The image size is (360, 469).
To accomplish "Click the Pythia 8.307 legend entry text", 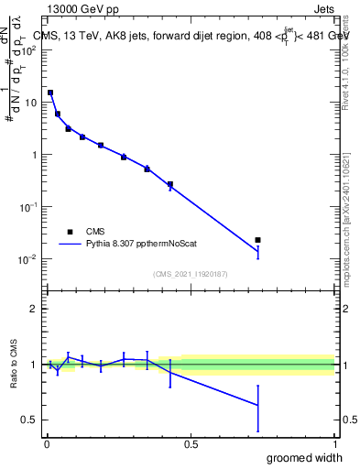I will [138, 245].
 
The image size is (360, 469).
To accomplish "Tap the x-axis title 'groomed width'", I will [306, 457].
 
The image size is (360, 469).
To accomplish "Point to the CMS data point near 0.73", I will [257, 240].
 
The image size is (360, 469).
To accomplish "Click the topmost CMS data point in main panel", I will [50, 93].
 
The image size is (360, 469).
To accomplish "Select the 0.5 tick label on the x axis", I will [191, 444].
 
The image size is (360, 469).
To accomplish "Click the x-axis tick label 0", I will [47, 444].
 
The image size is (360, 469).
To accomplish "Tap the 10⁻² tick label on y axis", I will [29, 259].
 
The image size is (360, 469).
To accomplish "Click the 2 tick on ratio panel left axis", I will [35, 309].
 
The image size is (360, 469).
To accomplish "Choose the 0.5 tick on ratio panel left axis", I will [30, 420].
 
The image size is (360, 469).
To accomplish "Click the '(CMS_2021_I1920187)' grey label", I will [191, 274].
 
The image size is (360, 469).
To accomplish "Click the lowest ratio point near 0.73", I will [257, 405].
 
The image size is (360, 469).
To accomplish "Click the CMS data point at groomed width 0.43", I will [170, 184].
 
